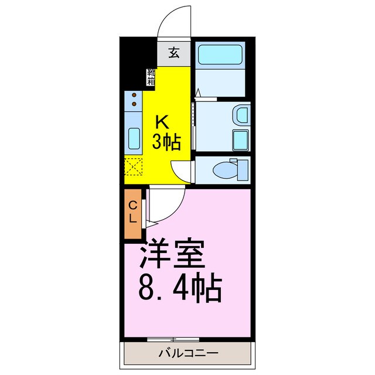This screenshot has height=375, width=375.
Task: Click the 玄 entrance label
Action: pos(173,53)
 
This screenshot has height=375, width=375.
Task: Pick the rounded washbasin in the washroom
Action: pos(241,114)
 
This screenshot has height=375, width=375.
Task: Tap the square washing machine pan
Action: pos(240,140)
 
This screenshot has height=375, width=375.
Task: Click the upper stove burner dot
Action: pos(134,95)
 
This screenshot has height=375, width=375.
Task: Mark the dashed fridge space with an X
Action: pos(134,168)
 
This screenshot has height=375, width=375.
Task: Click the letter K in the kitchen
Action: pos(162,122)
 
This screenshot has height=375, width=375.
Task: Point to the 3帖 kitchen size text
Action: pos(166,141)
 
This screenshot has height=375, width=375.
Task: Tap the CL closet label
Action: pos(133,212)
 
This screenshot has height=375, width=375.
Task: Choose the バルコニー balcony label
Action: pos(188,353)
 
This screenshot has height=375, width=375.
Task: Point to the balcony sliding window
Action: pos(173,339)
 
